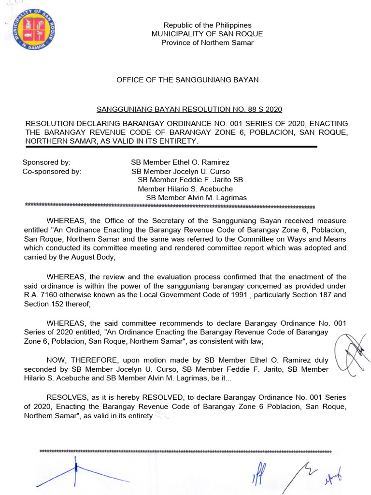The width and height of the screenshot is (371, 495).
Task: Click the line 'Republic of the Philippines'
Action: click(207, 25)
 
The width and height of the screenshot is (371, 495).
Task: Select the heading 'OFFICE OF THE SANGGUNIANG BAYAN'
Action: click(187, 80)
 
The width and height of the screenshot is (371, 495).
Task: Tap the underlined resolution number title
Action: click(189, 109)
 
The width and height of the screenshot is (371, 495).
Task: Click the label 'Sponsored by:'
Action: click(46, 162)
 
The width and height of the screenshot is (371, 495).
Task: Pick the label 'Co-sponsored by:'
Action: click(52, 171)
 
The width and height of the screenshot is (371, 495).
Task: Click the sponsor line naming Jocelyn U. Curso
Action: click(181, 171)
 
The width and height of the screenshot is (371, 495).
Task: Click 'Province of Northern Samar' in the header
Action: click(207, 43)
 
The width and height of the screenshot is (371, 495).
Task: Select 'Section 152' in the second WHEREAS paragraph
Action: click(43, 304)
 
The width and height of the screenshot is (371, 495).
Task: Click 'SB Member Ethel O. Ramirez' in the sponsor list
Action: click(180, 162)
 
